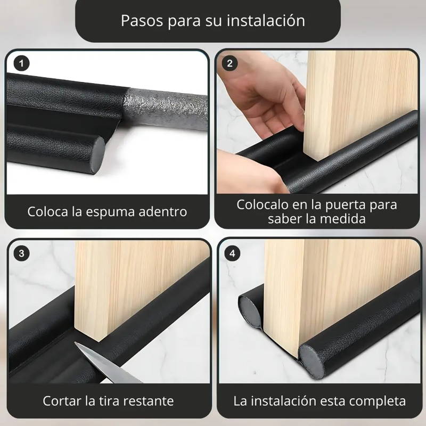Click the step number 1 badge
coord(21,64)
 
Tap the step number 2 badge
coord(230,64)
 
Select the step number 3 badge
coord(21,253)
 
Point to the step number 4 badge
coord(231,253)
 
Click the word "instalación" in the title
coord(265,21)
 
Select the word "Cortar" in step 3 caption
coord(62,400)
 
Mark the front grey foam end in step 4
coord(315,361)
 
